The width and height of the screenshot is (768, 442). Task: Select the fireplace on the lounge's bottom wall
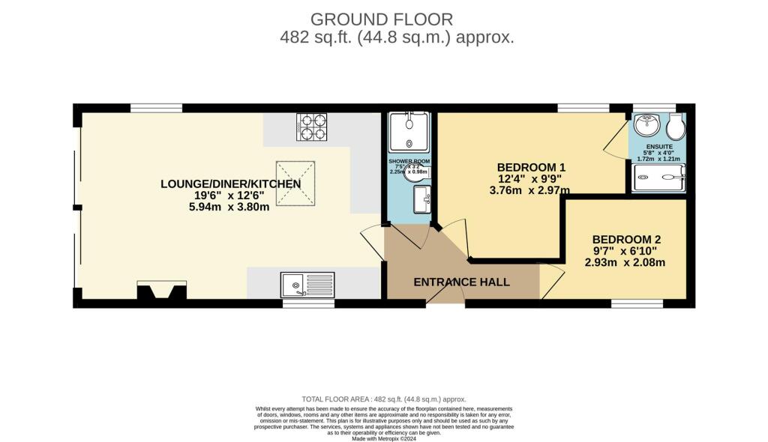[161, 291]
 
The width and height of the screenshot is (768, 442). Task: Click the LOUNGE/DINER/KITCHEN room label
[230, 184]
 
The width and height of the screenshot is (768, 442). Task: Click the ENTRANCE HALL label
[462, 282]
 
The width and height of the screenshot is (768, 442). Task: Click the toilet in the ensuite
[677, 127]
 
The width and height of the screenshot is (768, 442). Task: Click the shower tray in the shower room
[409, 133]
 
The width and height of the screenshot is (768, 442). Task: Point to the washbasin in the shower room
[421, 199]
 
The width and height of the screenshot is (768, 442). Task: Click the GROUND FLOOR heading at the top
[382, 19]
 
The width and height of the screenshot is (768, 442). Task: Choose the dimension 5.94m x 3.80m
[230, 208]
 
